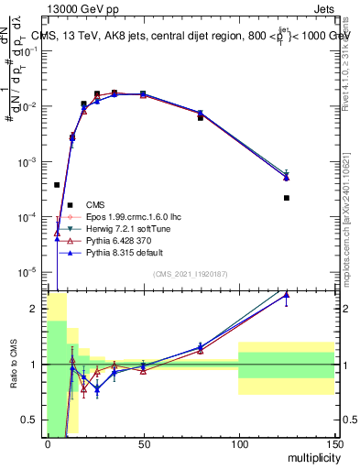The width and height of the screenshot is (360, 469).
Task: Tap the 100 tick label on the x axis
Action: click(238, 443)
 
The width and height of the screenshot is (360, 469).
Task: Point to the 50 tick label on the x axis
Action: click(143, 443)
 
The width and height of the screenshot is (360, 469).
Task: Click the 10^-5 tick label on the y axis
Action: click(29, 272)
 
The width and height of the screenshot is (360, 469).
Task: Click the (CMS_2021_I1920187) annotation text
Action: click(190, 274)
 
